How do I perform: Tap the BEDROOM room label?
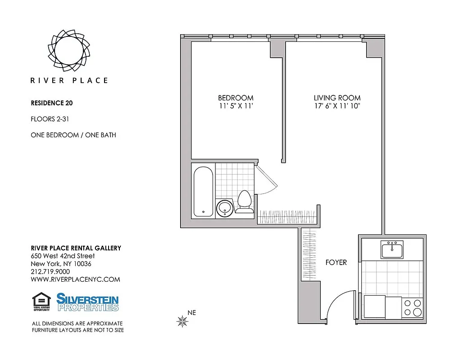pos(236,98)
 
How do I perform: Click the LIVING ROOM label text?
pos(337,98)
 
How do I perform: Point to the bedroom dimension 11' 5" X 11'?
pos(236,106)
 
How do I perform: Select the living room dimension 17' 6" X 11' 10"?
pos(337,106)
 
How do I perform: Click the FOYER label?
pos(336,262)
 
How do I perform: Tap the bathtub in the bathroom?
pos(203,191)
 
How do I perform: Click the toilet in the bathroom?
pos(245,202)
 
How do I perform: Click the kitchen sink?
pos(392,249)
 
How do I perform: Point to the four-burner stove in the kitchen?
pos(412,307)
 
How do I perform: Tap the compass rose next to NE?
pos(182,321)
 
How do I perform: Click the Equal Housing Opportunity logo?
pos(41,302)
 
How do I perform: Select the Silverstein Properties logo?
pos(87,302)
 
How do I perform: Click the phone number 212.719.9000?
pos(50,271)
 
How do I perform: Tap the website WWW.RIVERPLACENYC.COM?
pos(75,279)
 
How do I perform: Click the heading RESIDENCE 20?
pos(51,103)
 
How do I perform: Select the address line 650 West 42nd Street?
pos(63,256)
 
